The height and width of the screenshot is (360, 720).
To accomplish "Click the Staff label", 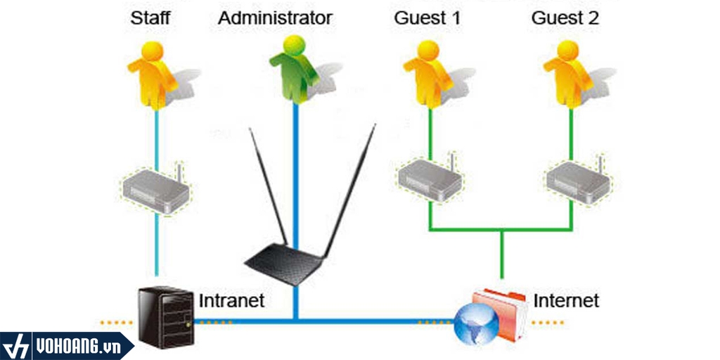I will coord(150,18).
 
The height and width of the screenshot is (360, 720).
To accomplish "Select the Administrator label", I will coord(274,18).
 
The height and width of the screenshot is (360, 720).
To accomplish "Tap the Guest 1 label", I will coord(427,18).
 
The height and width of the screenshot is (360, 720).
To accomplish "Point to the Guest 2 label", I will coord(565,18).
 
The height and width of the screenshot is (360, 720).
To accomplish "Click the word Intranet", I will coord(232,301).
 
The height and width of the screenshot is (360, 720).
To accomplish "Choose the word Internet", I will coord(566,301).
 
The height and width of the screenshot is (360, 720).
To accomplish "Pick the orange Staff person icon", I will coord(151,74).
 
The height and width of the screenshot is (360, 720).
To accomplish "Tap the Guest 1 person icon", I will coord(427,74).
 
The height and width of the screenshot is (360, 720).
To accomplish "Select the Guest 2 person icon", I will coord(567,74).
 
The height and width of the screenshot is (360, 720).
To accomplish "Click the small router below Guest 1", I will coord(428,180).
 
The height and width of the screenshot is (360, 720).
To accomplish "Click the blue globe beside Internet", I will coord(476,324).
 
